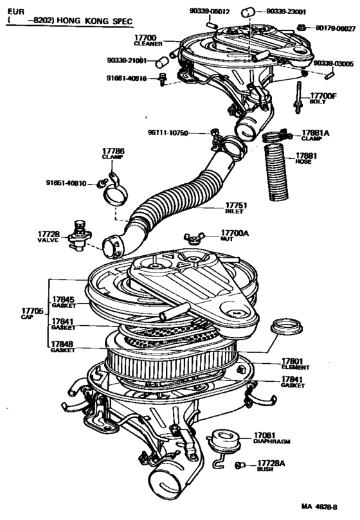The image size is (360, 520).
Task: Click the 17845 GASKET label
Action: (63, 301)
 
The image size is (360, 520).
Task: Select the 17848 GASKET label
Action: (63, 346)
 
